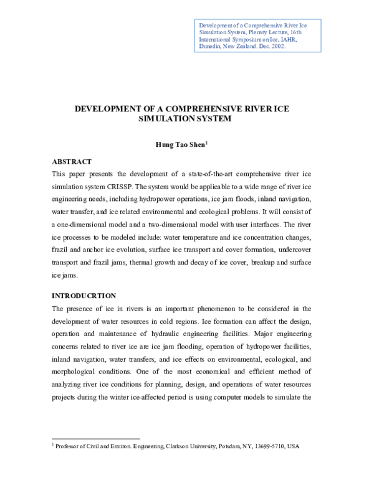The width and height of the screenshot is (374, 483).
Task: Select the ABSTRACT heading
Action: tap(72, 161)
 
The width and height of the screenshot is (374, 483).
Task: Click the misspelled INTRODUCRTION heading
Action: tap(84, 295)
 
